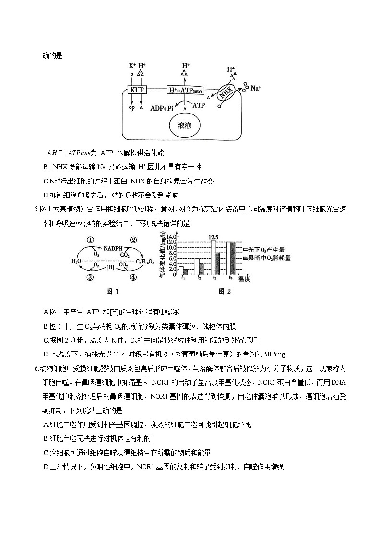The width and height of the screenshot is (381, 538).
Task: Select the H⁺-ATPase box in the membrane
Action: [x=185, y=90]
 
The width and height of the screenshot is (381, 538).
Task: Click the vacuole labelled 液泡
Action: [x=184, y=126]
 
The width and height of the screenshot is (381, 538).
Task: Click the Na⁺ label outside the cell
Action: [x=256, y=88]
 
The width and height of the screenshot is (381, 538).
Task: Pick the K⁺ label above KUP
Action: [x=132, y=66]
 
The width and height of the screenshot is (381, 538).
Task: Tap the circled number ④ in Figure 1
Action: [x=133, y=277]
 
